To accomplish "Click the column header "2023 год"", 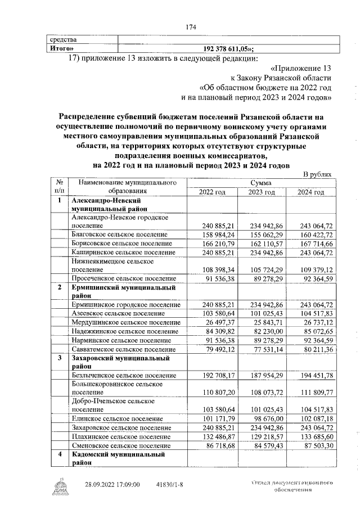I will click(x=263, y=192).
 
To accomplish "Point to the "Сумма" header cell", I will click(x=262, y=183).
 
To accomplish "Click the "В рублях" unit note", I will click(x=317, y=175).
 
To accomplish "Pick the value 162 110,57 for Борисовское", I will click(x=263, y=244).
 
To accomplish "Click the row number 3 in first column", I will click(x=58, y=358).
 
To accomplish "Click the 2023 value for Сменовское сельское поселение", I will click(x=263, y=446).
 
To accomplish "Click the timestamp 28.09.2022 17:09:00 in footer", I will click(x=112, y=484).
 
